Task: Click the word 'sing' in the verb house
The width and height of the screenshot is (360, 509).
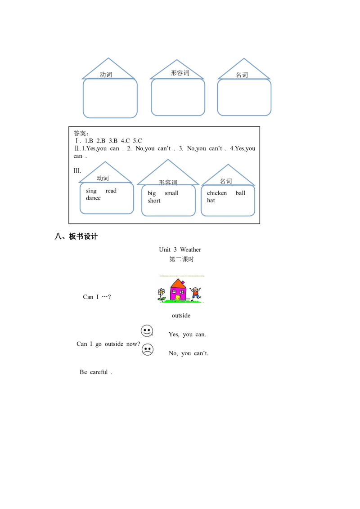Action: pos(91,191)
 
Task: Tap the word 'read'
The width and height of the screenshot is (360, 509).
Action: pos(111,191)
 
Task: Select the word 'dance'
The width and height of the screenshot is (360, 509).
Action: pos(94,198)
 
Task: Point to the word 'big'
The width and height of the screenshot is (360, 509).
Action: pos(152,193)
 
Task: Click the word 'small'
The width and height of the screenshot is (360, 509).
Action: pos(171,193)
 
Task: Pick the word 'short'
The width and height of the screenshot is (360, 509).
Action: pos(154,201)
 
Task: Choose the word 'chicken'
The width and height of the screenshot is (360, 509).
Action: pos(217,193)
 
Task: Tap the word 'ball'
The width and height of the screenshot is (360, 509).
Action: pos(240,193)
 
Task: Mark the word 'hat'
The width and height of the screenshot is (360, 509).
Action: pos(211,201)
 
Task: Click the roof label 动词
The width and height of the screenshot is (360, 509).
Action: pos(103,179)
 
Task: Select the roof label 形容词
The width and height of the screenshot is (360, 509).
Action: pos(168,183)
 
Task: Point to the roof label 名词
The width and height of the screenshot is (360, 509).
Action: pos(226,181)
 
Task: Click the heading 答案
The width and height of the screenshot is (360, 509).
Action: pos(81,133)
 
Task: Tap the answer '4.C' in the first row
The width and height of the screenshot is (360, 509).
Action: pos(125,141)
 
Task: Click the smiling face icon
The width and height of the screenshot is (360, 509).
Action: pos(147,331)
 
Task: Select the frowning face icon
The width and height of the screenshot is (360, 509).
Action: pos(147,349)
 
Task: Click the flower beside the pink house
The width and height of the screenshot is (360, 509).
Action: pos(161,293)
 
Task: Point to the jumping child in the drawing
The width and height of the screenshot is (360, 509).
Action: pos(195,293)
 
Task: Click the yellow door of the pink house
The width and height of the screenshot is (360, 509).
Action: pos(178,298)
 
